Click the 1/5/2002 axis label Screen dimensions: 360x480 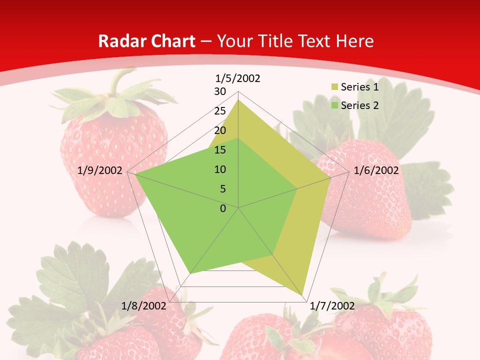[237, 78]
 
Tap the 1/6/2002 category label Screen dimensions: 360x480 [376, 170]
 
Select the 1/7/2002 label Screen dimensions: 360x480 [332, 306]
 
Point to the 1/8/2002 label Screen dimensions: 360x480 [144, 306]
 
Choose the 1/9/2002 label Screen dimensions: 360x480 [100, 170]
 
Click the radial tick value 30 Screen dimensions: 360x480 [220, 91]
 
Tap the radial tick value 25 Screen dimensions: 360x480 [220, 111]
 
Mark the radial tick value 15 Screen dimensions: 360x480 [220, 150]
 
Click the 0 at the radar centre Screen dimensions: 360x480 [223, 208]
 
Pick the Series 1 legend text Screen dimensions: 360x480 [359, 87]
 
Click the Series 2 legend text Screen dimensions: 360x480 [359, 105]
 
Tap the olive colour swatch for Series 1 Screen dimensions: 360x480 [334, 87]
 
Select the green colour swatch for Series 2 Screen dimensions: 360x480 [334, 105]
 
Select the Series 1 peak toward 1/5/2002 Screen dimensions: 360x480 [238, 99]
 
